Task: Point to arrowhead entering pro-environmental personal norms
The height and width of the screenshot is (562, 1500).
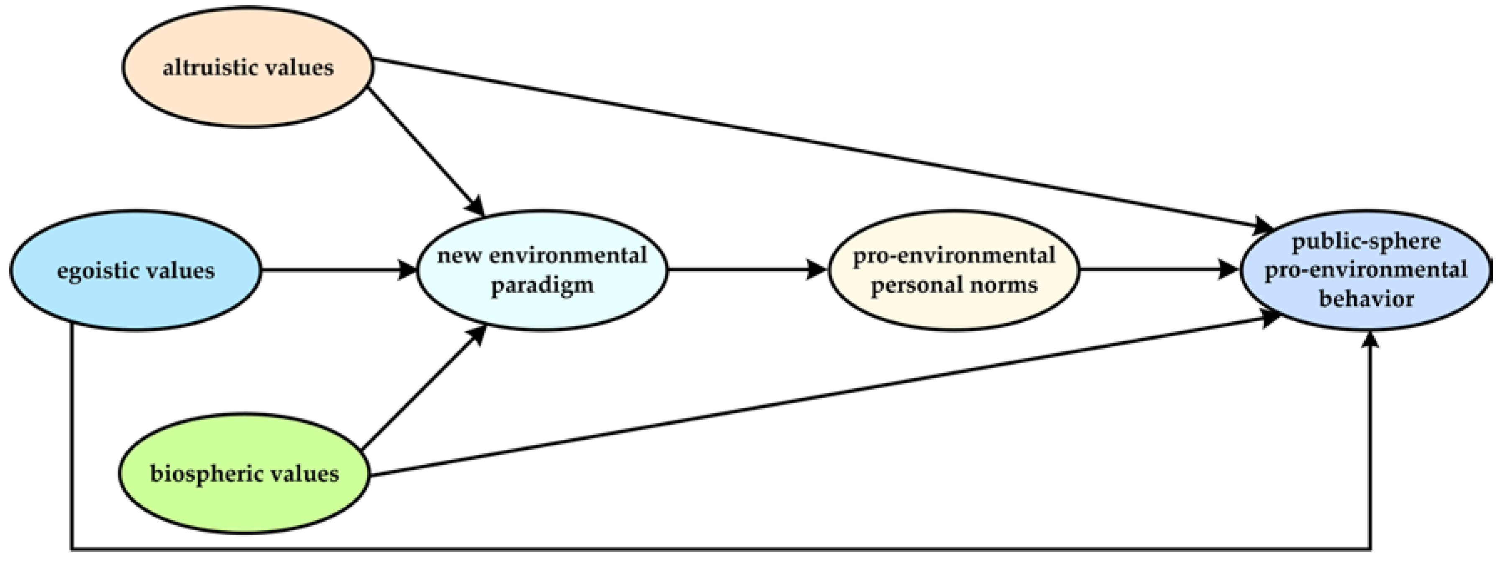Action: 818,270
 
